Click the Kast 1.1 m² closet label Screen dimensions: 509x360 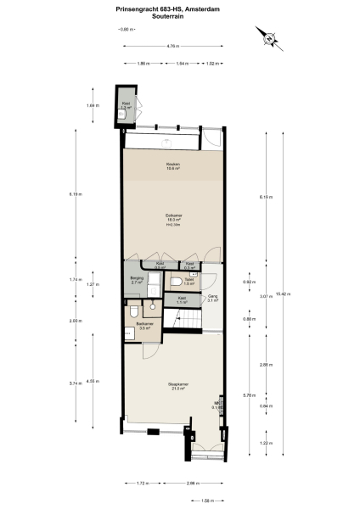[x=182, y=300]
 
